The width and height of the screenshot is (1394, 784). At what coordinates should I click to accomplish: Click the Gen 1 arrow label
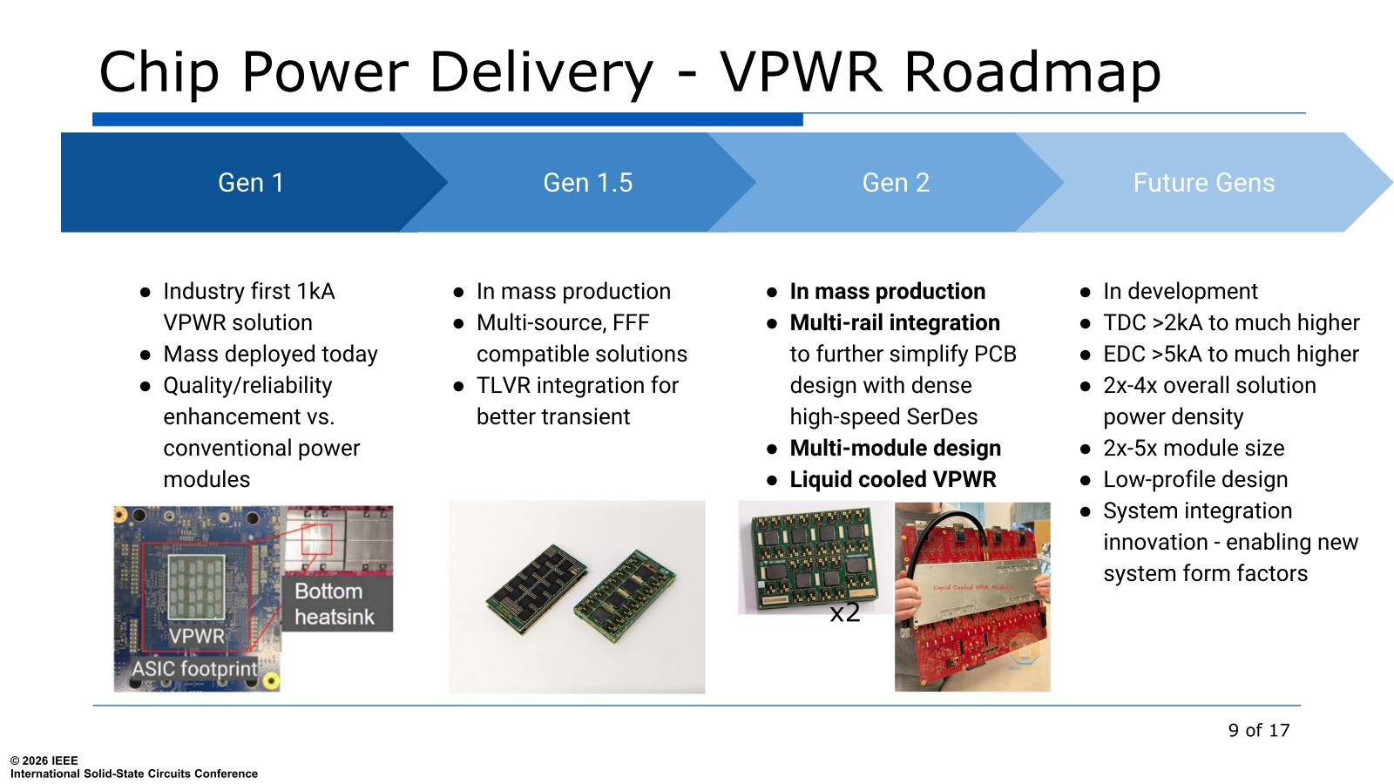pyautogui.click(x=251, y=183)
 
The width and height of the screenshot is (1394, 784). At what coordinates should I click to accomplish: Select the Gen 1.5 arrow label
pyautogui.click(x=587, y=183)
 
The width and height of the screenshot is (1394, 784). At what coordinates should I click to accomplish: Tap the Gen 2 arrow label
pyautogui.click(x=896, y=183)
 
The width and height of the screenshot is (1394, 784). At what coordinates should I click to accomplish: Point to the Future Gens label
pyautogui.click(x=1203, y=183)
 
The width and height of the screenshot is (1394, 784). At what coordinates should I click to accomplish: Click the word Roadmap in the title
pyautogui.click(x=1032, y=72)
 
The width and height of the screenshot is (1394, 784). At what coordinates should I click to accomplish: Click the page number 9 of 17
pyautogui.click(x=1259, y=730)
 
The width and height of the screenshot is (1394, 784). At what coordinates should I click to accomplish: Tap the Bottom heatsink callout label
pyautogui.click(x=335, y=604)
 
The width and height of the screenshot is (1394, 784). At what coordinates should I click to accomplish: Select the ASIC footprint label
pyautogui.click(x=194, y=669)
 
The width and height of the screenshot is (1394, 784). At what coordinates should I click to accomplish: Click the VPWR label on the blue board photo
pyautogui.click(x=196, y=636)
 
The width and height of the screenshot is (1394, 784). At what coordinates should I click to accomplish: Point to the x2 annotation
pyautogui.click(x=844, y=613)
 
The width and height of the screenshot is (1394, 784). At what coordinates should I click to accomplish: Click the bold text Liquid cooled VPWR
pyautogui.click(x=893, y=480)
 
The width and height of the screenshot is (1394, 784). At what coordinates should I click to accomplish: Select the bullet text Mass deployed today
pyautogui.click(x=270, y=354)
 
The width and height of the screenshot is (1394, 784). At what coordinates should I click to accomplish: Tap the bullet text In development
pyautogui.click(x=1181, y=291)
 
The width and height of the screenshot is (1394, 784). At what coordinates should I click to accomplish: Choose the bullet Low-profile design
pyautogui.click(x=1195, y=480)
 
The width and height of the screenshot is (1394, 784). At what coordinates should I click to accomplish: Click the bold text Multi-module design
pyautogui.click(x=896, y=448)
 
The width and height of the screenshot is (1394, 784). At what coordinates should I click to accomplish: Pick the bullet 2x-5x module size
pyautogui.click(x=1194, y=448)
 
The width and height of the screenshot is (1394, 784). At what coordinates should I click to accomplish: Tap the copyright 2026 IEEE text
pyautogui.click(x=44, y=760)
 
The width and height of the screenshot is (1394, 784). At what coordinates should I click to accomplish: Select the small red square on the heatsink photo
pyautogui.click(x=317, y=539)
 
